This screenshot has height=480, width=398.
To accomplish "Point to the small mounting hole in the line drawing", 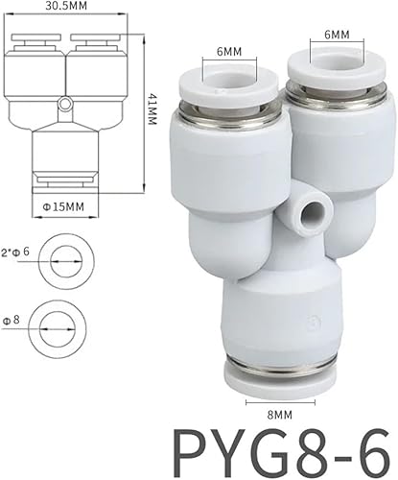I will tap(63, 102).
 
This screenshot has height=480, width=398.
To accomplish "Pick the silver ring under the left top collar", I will tap(227, 107).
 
